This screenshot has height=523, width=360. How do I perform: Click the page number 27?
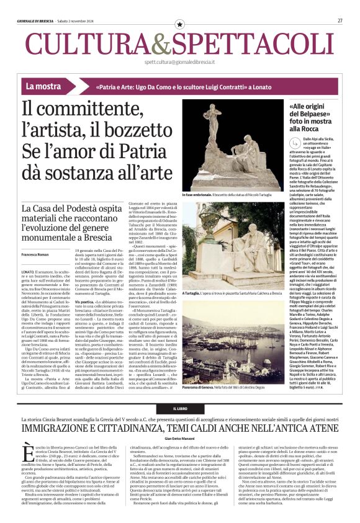point(340,20)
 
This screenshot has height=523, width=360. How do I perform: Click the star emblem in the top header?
point(180,24)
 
